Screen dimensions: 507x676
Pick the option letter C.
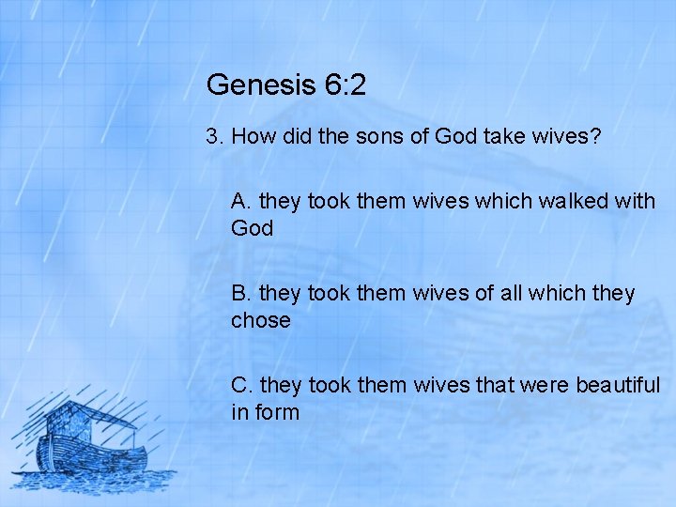[x=241, y=385]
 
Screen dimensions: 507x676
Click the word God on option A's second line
[x=253, y=228]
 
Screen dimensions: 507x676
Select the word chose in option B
[x=261, y=320]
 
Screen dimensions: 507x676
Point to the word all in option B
[x=512, y=293]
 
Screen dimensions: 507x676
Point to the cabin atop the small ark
[x=75, y=418]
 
